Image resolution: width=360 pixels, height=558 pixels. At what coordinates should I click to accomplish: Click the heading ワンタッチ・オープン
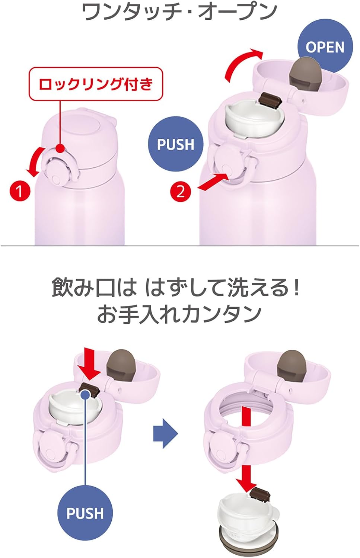[x=179, y=12]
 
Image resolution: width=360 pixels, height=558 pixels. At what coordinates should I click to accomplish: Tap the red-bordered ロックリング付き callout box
[x=96, y=84]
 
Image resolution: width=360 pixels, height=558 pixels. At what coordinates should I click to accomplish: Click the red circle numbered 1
[x=20, y=191]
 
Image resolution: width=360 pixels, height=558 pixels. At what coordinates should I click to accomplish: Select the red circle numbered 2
[x=181, y=191]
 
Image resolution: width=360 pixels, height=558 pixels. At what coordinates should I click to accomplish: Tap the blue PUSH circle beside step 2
[x=176, y=144]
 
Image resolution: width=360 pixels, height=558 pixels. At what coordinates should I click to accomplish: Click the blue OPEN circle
[x=325, y=47]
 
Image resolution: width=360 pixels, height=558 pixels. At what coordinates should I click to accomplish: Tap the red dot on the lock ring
[x=60, y=148]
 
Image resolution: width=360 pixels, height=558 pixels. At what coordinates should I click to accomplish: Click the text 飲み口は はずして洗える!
[x=176, y=288]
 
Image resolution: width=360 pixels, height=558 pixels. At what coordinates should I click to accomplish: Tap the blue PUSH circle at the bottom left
[x=85, y=513]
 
